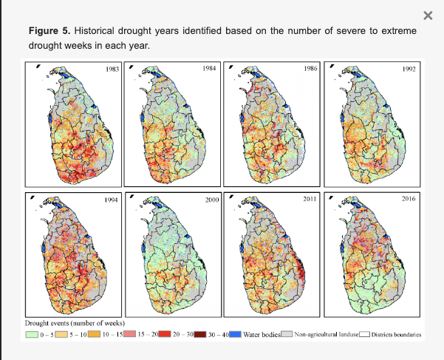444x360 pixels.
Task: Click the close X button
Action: [428, 16]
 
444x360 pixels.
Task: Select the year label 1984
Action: [211, 68]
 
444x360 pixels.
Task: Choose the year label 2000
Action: [211, 200]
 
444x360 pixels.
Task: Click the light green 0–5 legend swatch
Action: [32, 335]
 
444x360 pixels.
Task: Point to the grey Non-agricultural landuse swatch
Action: [287, 335]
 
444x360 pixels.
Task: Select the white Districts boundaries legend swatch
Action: [365, 335]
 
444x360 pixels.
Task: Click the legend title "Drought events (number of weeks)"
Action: [75, 324]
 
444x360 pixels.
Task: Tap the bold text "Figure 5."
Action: [50, 32]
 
